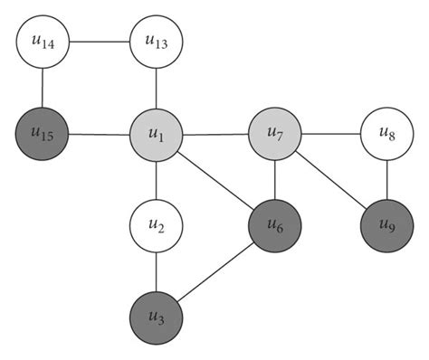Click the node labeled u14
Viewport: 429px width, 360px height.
pyautogui.click(x=43, y=42)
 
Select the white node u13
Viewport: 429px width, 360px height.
pyautogui.click(x=157, y=42)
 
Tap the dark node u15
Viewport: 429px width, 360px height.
pyautogui.click(x=43, y=136)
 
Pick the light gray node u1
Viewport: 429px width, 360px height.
pyautogui.click(x=157, y=137)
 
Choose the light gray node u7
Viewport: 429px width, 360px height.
pyautogui.click(x=275, y=136)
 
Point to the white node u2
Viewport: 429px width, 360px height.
pyautogui.click(x=157, y=225)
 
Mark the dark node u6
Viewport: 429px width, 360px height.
pyautogui.click(x=275, y=225)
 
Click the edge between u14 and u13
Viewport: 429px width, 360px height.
pyautogui.click(x=100, y=42)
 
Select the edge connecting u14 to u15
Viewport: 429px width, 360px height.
pyautogui.click(x=43, y=89)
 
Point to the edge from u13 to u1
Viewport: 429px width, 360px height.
pyautogui.click(x=157, y=89)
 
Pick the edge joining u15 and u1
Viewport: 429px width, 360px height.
pyautogui.click(x=100, y=136)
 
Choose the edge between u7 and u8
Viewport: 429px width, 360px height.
pyautogui.click(x=331, y=136)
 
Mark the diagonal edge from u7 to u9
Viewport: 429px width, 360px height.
pyautogui.click(x=331, y=181)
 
